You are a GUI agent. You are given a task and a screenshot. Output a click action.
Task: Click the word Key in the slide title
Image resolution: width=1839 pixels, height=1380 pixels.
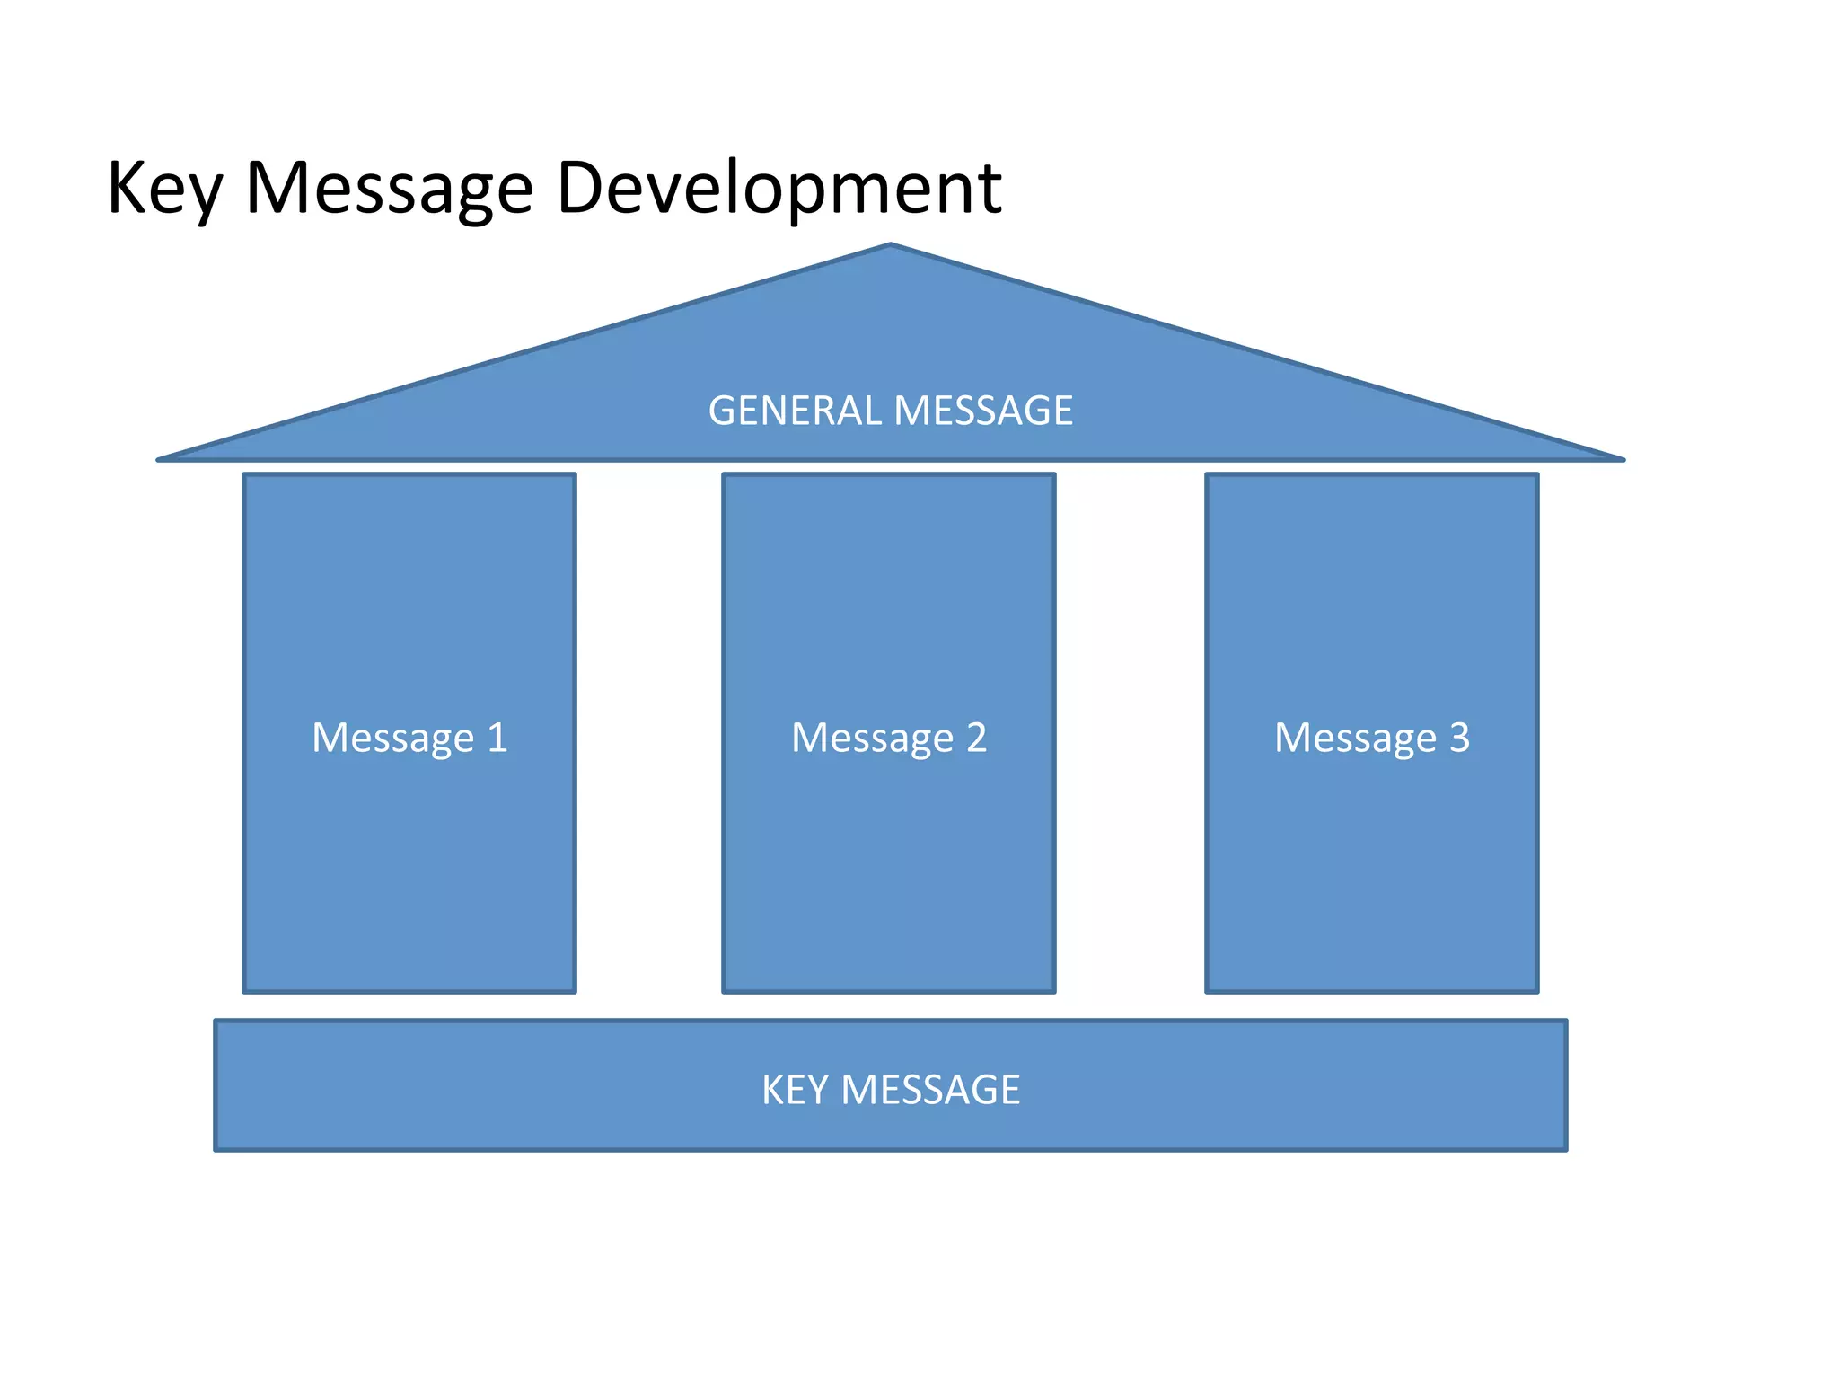coord(163,189)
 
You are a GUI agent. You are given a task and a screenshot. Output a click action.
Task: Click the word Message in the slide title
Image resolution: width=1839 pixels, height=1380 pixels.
coord(389,189)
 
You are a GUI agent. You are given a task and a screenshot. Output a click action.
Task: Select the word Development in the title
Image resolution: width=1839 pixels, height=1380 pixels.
coord(779,189)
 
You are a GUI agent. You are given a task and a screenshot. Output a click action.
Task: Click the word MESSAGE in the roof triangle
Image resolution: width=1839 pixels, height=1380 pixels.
coord(983,411)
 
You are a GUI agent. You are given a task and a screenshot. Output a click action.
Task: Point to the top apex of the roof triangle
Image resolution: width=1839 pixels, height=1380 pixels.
coord(891,245)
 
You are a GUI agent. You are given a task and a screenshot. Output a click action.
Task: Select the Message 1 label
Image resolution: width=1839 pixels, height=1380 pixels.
coord(409,738)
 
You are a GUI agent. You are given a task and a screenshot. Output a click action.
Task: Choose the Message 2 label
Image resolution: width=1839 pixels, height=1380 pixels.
coord(889,738)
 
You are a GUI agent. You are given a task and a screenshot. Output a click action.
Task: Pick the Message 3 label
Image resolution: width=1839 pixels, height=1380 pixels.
coord(1372,738)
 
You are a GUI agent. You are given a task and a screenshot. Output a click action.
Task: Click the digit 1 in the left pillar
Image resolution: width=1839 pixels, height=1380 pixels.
coord(497,738)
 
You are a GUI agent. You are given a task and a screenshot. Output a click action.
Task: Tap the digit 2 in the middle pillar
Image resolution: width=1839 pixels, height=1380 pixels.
coord(977,738)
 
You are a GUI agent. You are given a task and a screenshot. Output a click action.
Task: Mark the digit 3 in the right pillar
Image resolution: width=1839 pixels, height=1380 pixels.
coord(1459,738)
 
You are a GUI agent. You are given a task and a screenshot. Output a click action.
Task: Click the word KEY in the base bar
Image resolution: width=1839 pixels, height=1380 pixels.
coord(795,1090)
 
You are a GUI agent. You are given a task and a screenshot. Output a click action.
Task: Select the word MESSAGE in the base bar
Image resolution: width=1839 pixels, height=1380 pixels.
coord(930,1090)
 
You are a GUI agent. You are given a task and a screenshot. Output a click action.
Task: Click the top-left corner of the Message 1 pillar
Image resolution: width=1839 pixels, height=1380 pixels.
coord(245,475)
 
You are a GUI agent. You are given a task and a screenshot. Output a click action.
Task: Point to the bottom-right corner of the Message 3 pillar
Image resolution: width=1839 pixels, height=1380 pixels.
coord(1537,991)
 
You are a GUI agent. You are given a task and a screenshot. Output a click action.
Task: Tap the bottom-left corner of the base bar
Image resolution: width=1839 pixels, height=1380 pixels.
coord(216,1149)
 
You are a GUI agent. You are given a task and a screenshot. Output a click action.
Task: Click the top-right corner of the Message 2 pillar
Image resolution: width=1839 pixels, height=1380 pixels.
coord(1054,475)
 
